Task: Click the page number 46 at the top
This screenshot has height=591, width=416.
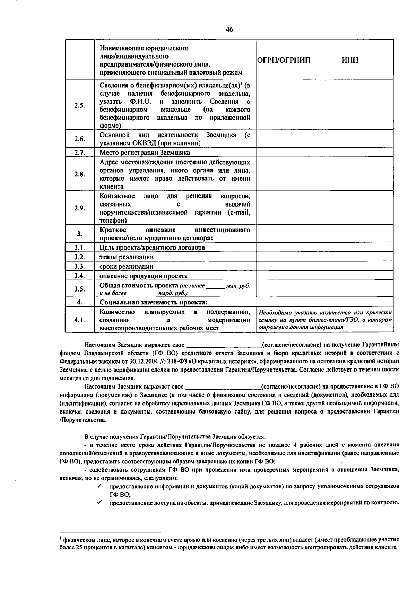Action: pyautogui.click(x=229, y=29)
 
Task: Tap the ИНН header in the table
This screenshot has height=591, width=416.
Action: pyautogui.click(x=350, y=60)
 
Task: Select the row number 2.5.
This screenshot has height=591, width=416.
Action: pyautogui.click(x=79, y=105)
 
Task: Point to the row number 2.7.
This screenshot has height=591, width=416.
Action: pyautogui.click(x=79, y=153)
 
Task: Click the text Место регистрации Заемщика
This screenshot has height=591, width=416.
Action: pyautogui.click(x=145, y=153)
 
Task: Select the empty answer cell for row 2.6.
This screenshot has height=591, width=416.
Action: pyautogui.click(x=325, y=139)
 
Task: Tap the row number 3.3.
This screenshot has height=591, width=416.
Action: pyautogui.click(x=79, y=266)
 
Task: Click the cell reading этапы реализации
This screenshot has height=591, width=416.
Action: pyautogui.click(x=127, y=257)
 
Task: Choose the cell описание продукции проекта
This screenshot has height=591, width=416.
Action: pyautogui.click(x=144, y=276)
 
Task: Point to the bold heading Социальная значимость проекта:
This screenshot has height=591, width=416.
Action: pyautogui.click(x=154, y=302)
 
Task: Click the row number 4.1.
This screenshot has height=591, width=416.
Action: pyautogui.click(x=79, y=320)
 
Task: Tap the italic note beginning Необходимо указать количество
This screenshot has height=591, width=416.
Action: pyautogui.click(x=325, y=320)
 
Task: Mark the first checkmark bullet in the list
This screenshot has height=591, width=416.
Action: pyautogui.click(x=99, y=486)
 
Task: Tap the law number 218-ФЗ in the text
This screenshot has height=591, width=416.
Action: pyautogui.click(x=175, y=361)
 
